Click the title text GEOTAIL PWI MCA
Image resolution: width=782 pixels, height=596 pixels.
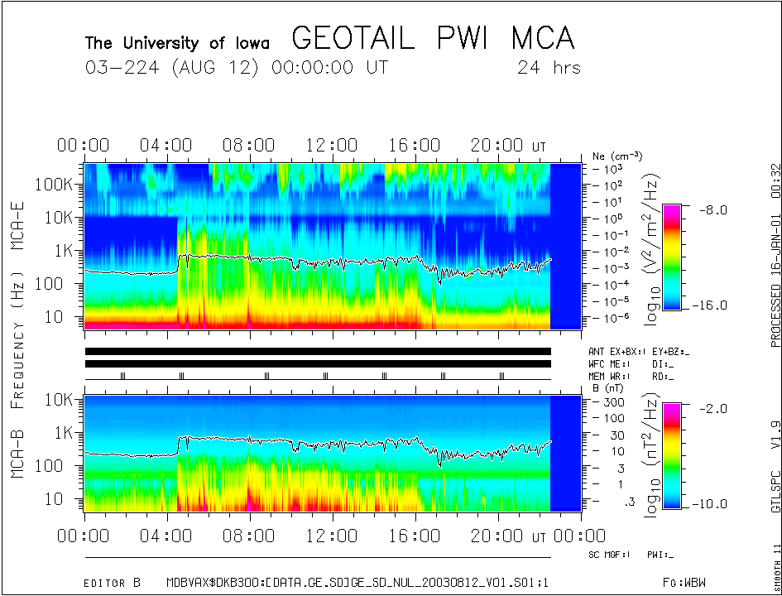[433, 38]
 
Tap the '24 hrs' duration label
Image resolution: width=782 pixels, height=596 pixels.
[549, 67]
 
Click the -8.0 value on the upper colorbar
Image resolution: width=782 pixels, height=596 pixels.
[715, 209]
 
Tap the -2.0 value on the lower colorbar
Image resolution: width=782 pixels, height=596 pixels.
[715, 408]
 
